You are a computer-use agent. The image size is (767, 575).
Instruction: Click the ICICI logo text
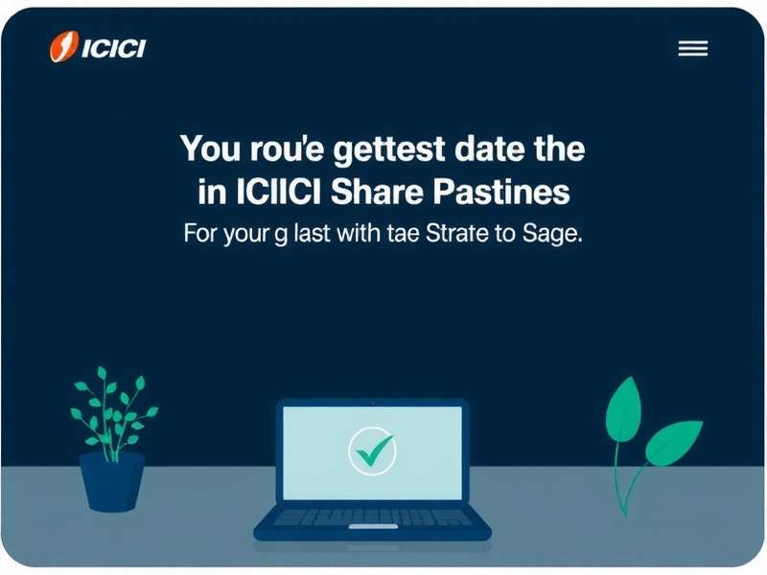click(x=112, y=49)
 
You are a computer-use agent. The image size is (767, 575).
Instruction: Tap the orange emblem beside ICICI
click(x=62, y=47)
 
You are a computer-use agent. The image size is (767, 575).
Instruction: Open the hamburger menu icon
click(x=692, y=49)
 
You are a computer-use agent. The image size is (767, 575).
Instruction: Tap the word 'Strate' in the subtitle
click(x=453, y=234)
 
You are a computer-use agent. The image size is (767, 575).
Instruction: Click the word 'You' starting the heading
click(x=209, y=151)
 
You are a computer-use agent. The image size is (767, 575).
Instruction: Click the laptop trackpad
click(x=372, y=526)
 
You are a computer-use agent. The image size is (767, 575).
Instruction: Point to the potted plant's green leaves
click(x=112, y=412)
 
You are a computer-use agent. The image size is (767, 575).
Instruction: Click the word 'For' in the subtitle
click(x=199, y=234)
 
